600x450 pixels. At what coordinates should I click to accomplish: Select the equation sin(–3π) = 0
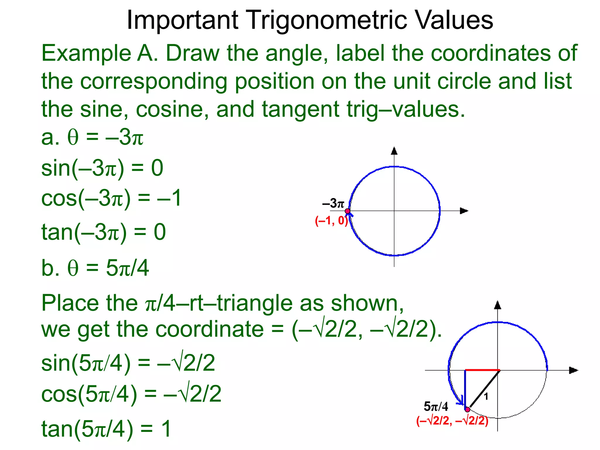click(x=102, y=168)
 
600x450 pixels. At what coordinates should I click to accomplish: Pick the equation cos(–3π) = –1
click(x=111, y=199)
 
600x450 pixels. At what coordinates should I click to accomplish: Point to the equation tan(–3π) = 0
click(x=103, y=232)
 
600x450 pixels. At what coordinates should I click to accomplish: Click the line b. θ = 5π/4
click(x=95, y=268)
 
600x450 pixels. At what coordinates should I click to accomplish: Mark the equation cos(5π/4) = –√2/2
click(x=131, y=394)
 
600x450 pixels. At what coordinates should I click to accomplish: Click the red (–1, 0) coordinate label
click(x=331, y=221)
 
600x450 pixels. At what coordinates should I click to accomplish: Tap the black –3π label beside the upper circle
click(x=333, y=203)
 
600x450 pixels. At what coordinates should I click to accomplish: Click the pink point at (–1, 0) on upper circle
click(x=347, y=211)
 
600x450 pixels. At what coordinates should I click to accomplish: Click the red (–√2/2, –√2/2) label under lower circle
click(x=452, y=421)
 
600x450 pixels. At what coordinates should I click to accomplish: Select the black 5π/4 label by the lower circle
click(x=436, y=407)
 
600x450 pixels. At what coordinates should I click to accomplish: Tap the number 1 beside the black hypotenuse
click(x=486, y=397)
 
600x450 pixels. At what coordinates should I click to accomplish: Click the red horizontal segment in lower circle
click(x=482, y=370)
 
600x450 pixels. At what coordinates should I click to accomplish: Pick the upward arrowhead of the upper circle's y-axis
click(x=394, y=151)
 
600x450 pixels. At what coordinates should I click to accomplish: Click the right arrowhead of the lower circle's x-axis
click(x=573, y=370)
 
